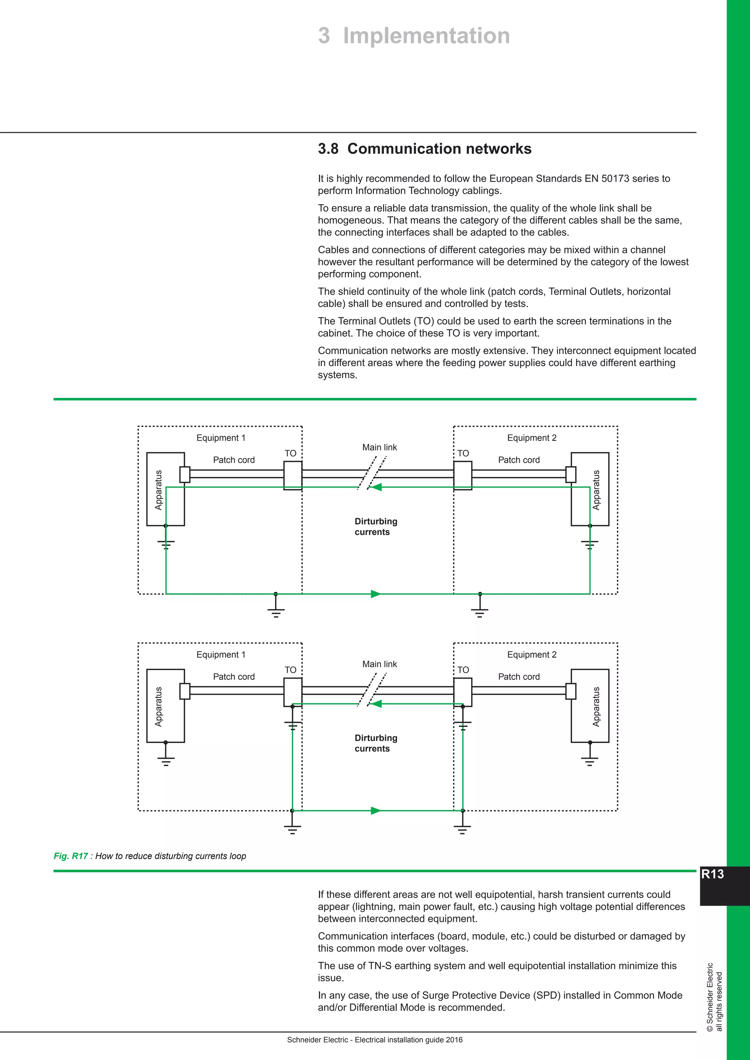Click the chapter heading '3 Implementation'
[x=414, y=36]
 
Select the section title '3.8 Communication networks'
[x=424, y=149]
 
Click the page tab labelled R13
[x=713, y=874]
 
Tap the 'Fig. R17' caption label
[x=71, y=856]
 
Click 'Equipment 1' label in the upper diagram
[x=221, y=438]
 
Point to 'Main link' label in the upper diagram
[x=379, y=447]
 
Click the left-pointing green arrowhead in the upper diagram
[x=376, y=487]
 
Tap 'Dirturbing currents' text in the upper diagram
[x=375, y=527]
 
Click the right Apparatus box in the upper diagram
[x=590, y=489]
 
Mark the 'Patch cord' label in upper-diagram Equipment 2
[x=519, y=460]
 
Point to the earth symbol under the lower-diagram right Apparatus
[x=589, y=759]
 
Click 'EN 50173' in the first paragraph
[x=603, y=179]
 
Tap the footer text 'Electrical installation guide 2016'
[x=408, y=1040]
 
